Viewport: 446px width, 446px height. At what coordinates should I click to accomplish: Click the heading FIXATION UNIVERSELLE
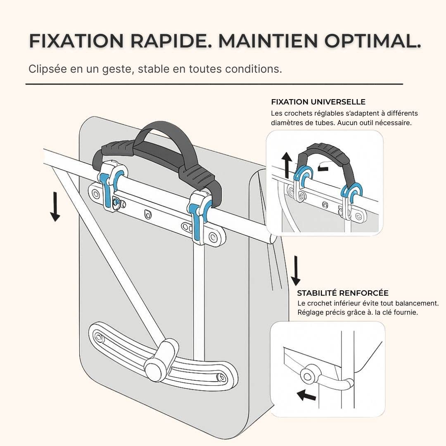tap(318, 102)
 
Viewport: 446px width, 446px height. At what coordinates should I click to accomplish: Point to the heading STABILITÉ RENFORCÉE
tap(343, 293)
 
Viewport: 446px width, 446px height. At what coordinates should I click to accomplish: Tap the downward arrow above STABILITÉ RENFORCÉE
tap(295, 270)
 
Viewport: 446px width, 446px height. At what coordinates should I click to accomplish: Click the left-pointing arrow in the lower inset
tap(306, 396)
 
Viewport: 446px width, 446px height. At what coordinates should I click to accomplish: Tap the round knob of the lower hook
tap(153, 366)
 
